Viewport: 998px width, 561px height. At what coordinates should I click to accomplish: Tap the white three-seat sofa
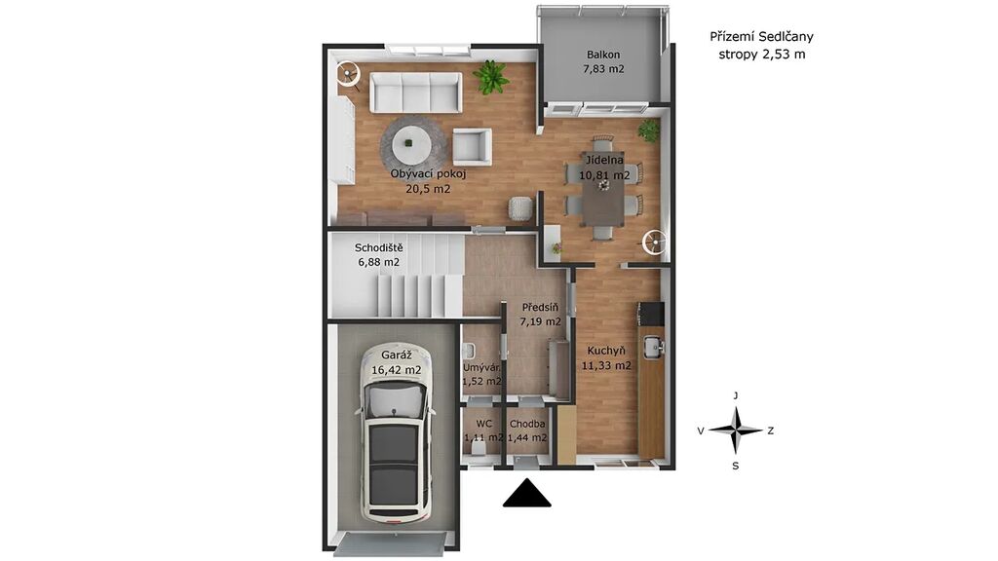coord(416,93)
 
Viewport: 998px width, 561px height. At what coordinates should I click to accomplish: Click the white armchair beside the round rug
coord(472,147)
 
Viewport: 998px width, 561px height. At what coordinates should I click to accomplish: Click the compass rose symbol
coord(736,430)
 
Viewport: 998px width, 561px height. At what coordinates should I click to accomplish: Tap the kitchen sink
coord(653,347)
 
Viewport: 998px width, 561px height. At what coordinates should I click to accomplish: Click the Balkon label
coord(603,55)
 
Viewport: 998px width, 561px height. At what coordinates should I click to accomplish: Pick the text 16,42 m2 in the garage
coord(396,370)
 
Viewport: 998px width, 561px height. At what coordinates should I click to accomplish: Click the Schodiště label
coord(379,247)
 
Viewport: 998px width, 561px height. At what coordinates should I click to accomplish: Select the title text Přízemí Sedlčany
coord(761,37)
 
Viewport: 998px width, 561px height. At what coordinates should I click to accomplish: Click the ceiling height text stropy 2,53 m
coord(762,55)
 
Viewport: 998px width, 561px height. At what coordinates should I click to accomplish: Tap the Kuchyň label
coord(606,351)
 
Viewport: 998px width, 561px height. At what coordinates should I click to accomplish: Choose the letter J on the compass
coord(736,395)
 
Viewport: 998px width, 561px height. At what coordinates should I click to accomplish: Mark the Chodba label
coord(527,424)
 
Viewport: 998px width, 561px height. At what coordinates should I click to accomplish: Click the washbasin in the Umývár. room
coord(470,351)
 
